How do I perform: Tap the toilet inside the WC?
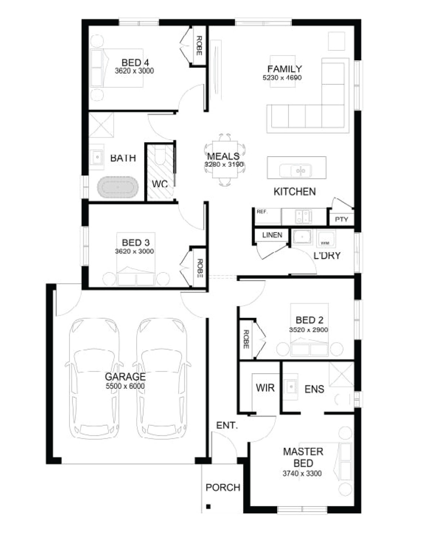pyautogui.click(x=161, y=156)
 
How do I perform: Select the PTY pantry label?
pyautogui.click(x=341, y=219)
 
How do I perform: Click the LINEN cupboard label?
pyautogui.click(x=272, y=235)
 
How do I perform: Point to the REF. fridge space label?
pyautogui.click(x=262, y=212)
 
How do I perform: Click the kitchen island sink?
pyautogui.click(x=296, y=170)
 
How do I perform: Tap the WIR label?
pyautogui.click(x=265, y=388)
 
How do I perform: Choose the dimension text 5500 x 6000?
pyautogui.click(x=125, y=386)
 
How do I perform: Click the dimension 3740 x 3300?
pyautogui.click(x=302, y=474)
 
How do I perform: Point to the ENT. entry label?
pyautogui.click(x=227, y=425)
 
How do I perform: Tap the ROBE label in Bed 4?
pyautogui.click(x=199, y=46)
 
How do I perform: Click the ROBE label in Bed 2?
pyautogui.click(x=246, y=339)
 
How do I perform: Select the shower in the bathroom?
pyautogui.click(x=101, y=125)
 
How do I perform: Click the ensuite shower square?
pyautogui.click(x=342, y=374)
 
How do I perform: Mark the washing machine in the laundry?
pyautogui.click(x=326, y=239)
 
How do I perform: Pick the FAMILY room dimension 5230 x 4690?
pyautogui.click(x=282, y=78)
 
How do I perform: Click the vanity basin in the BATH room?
pyautogui.click(x=97, y=157)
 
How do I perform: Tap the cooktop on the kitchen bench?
pyautogui.click(x=303, y=217)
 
